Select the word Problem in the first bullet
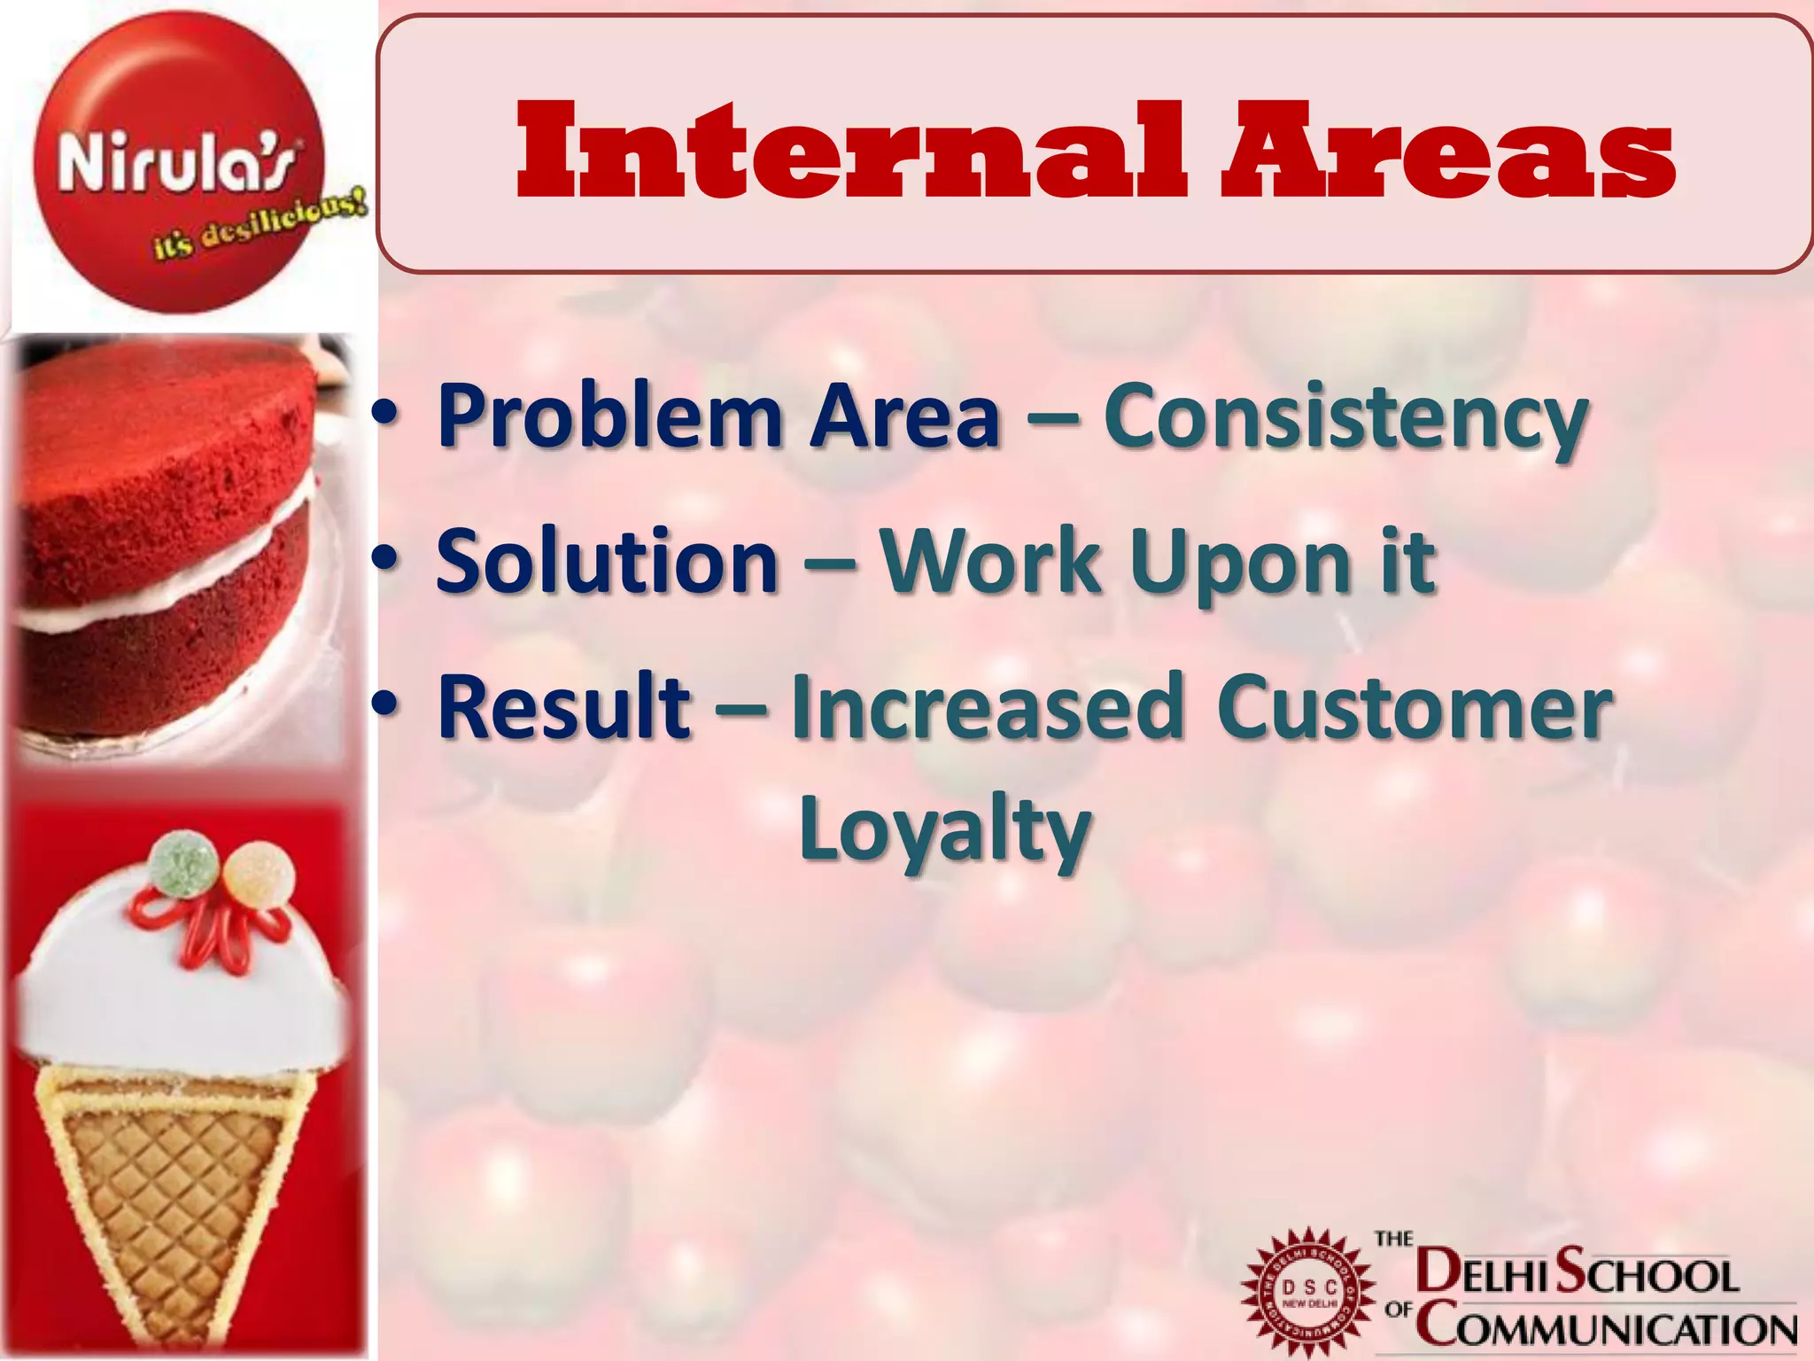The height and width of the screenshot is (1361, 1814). (x=611, y=416)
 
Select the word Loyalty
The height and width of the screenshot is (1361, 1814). (x=944, y=829)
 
